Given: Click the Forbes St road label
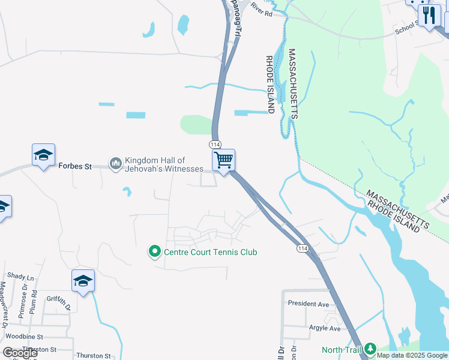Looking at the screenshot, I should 75,166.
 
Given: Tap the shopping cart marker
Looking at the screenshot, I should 223,160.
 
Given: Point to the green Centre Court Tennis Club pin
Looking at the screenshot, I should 155,252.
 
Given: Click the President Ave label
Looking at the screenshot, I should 309,303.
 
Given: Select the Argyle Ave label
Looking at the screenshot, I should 324,328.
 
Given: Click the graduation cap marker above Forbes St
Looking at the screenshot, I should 43,155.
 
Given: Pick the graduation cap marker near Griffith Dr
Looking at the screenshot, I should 83,281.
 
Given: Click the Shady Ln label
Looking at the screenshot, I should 21,277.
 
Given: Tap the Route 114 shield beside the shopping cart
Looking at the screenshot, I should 215,145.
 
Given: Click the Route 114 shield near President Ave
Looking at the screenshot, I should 302,248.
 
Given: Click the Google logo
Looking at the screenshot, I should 20,353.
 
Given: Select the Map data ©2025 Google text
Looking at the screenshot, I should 412,355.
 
